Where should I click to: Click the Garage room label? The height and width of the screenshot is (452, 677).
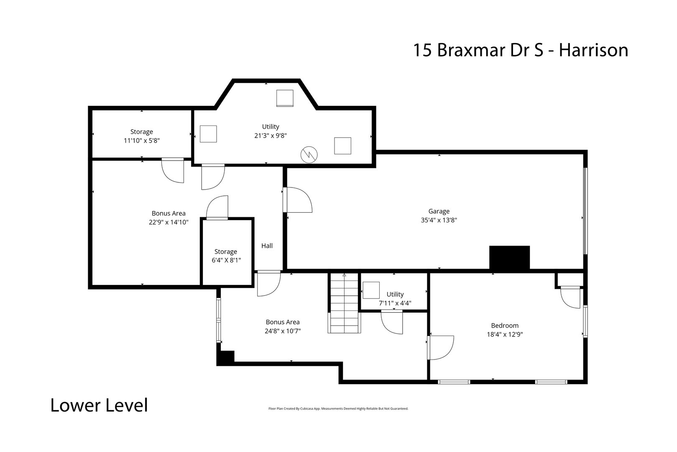click(x=439, y=211)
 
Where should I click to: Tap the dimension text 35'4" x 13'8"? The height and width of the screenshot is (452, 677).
click(x=439, y=220)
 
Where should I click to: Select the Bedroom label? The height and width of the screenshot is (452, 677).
click(x=505, y=326)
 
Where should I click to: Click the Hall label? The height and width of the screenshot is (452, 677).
click(x=267, y=246)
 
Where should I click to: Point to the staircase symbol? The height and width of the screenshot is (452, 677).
click(x=344, y=303)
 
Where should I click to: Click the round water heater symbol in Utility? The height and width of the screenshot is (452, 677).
click(x=309, y=155)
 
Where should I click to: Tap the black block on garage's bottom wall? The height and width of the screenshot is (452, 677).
click(x=509, y=257)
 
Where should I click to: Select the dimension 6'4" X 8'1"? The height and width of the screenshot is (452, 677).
click(x=226, y=260)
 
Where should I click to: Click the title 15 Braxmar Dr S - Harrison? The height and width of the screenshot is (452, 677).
click(x=520, y=50)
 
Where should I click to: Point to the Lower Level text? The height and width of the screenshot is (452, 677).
click(x=99, y=406)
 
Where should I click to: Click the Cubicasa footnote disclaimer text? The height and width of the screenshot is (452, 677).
click(x=338, y=408)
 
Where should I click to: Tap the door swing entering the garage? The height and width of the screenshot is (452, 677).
click(x=298, y=200)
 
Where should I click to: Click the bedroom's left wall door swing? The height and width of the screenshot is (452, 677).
click(x=441, y=347)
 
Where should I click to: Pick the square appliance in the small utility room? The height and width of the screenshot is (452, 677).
click(x=371, y=290)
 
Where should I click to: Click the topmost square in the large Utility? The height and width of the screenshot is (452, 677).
click(x=285, y=98)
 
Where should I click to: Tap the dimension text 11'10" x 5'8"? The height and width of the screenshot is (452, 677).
click(x=141, y=141)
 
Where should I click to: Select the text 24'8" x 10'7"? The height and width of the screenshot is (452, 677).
click(x=283, y=331)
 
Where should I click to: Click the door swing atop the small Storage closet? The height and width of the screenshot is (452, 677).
click(x=217, y=208)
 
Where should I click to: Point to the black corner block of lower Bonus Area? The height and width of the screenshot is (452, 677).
click(x=225, y=358)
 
